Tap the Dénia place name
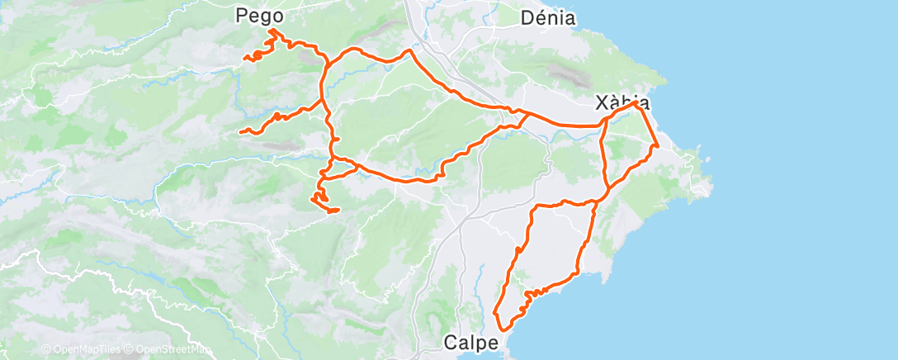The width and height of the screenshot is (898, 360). pos(548,17)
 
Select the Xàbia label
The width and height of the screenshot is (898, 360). pos(622,103)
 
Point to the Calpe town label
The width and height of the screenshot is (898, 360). pos(473,340)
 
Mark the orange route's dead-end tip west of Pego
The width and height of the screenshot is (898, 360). pos(245,57)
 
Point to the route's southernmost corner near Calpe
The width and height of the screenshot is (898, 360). pos(494,314)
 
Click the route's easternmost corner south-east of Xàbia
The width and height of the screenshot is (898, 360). pos(657,146)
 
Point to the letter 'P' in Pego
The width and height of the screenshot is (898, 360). pos(242,15)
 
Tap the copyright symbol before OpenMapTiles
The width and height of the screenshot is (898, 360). pos(45,349)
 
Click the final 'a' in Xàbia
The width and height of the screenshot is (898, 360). pos(644,103)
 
